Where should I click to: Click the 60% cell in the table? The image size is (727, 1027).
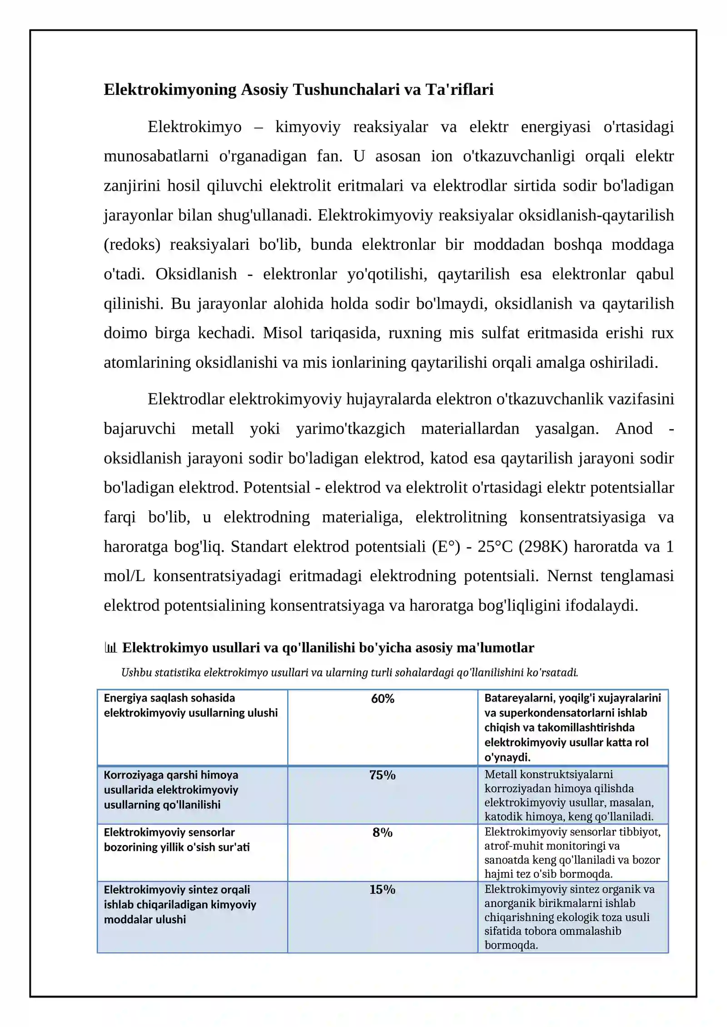[382, 699]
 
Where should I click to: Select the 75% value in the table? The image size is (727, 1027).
[382, 775]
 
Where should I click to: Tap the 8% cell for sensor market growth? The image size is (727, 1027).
[382, 832]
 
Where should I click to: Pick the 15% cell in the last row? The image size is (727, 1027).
[382, 889]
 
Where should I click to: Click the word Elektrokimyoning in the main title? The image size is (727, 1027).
[170, 89]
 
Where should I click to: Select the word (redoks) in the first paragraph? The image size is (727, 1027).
[132, 245]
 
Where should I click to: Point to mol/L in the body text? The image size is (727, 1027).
[124, 576]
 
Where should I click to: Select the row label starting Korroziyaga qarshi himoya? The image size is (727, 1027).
[171, 790]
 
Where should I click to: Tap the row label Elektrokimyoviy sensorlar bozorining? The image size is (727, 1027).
[176, 839]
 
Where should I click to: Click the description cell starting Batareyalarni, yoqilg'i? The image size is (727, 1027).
[572, 727]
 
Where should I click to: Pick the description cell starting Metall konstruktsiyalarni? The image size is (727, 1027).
[569, 795]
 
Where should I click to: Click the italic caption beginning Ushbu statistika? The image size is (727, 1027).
[349, 672]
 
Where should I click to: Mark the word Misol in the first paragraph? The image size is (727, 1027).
[282, 333]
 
